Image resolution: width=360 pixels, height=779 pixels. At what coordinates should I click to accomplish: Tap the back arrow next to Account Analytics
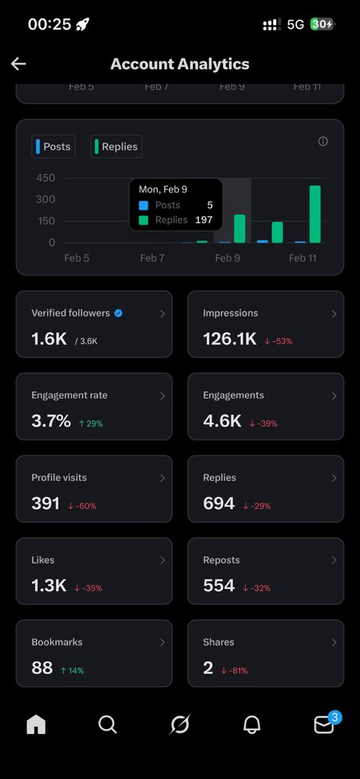point(18,64)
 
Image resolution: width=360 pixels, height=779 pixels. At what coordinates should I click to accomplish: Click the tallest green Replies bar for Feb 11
point(314,214)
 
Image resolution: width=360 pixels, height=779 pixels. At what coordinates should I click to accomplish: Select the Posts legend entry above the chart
point(53,146)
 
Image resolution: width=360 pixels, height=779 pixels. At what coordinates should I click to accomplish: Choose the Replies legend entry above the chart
point(116,146)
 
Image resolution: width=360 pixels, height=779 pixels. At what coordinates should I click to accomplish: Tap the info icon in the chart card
point(323,141)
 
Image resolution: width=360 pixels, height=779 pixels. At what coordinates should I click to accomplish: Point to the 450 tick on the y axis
point(46,178)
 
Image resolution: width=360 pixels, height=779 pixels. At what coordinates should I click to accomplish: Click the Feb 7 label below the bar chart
point(152,258)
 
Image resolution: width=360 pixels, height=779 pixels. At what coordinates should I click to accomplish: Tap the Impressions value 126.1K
point(229,339)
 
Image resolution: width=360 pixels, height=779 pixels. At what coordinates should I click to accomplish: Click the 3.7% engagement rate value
point(50,421)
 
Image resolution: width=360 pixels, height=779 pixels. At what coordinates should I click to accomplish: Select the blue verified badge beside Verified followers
point(118,313)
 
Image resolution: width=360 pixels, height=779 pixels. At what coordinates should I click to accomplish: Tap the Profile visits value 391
point(45,503)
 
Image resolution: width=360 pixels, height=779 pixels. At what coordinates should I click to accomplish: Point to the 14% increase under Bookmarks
point(72,670)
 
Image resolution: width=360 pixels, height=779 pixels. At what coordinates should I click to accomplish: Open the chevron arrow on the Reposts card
point(333,560)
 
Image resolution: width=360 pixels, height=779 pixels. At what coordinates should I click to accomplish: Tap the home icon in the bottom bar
point(36,725)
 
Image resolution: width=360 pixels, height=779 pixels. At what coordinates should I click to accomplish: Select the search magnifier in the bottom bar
point(107,725)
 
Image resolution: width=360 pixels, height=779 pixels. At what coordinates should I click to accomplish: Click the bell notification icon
point(252,725)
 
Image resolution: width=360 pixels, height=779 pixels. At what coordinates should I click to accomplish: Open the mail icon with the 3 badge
point(324,725)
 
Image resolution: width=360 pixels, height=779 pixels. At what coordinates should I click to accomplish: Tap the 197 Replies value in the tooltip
point(203,220)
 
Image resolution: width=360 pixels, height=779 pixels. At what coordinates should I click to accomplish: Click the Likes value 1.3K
point(49,586)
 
